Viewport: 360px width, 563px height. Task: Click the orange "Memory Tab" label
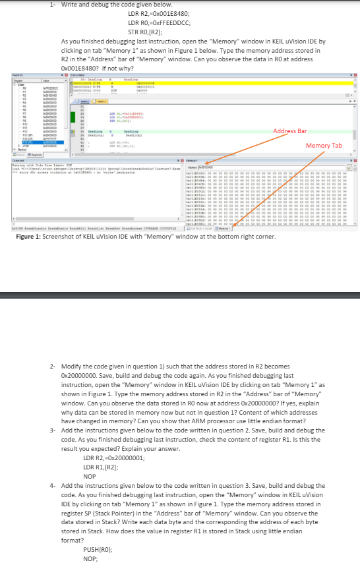click(x=324, y=145)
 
